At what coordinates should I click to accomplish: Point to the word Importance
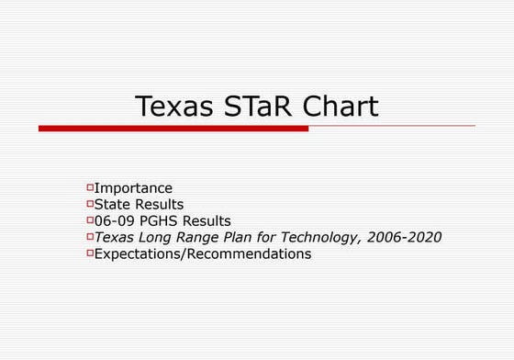[133, 188]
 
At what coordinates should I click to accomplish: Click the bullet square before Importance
[90, 187]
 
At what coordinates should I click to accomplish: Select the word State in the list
[114, 205]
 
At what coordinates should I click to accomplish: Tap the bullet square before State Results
[90, 204]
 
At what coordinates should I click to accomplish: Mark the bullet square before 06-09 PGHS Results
[90, 220]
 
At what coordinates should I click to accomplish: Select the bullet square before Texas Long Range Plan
[90, 237]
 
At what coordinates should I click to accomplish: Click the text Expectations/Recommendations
[203, 254]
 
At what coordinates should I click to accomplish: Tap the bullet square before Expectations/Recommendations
[90, 253]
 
